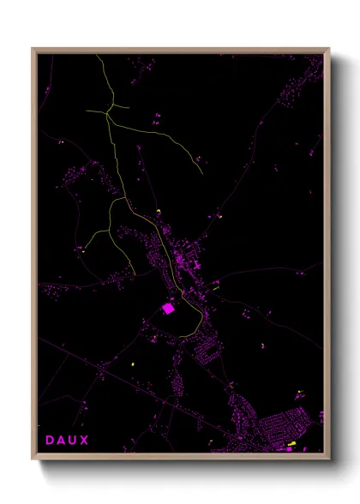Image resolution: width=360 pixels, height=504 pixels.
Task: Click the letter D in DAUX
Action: (x=49, y=441)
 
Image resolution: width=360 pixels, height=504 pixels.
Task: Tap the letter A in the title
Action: (x=60, y=441)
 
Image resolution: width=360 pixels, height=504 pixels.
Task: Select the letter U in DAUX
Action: (x=72, y=441)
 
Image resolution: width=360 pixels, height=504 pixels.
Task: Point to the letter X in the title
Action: (x=84, y=441)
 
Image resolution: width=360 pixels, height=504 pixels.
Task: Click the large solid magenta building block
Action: (x=168, y=307)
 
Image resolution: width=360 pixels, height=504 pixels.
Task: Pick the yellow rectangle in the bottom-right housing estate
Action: (x=291, y=443)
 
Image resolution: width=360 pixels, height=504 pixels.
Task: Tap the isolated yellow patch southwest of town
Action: (x=134, y=366)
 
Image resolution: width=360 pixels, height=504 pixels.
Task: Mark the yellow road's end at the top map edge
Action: (x=97, y=56)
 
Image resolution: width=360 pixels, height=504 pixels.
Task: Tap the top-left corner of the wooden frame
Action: (x=33, y=49)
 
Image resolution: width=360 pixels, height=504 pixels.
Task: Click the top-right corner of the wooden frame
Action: (x=329, y=49)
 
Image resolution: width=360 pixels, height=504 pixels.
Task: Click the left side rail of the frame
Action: (x=34, y=257)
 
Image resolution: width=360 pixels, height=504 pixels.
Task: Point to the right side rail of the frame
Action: (x=327, y=257)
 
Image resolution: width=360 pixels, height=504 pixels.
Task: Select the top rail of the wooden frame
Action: (x=180, y=51)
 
